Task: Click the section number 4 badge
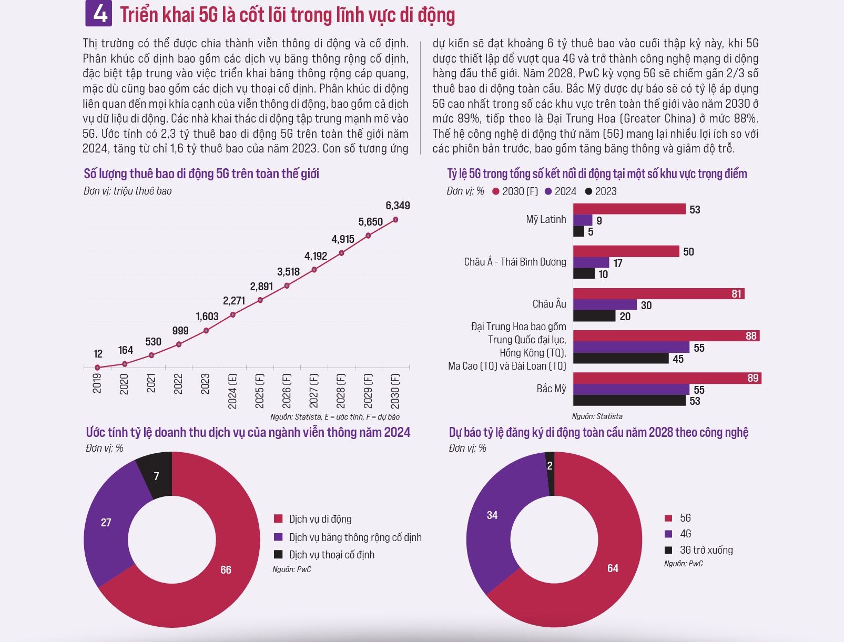[x=99, y=14]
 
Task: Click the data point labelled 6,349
[x=395, y=220]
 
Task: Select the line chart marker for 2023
[x=206, y=331]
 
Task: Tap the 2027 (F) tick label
[x=314, y=391]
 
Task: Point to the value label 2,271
[x=234, y=301]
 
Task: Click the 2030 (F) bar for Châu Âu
[x=658, y=293]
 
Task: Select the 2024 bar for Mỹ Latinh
[x=583, y=220]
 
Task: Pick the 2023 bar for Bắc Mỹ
[x=629, y=401]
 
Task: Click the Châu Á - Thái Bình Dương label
[x=515, y=262]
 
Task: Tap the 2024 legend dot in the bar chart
[x=548, y=191]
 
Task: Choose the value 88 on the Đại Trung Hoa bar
[x=751, y=336]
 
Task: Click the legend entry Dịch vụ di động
[x=320, y=519]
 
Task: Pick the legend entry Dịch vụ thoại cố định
[x=331, y=555]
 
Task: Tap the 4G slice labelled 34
[x=492, y=515]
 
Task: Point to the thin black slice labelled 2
[x=550, y=466]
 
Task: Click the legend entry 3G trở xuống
[x=706, y=550]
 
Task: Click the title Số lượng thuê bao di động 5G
[x=201, y=174]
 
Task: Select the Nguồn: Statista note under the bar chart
[x=597, y=416]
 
